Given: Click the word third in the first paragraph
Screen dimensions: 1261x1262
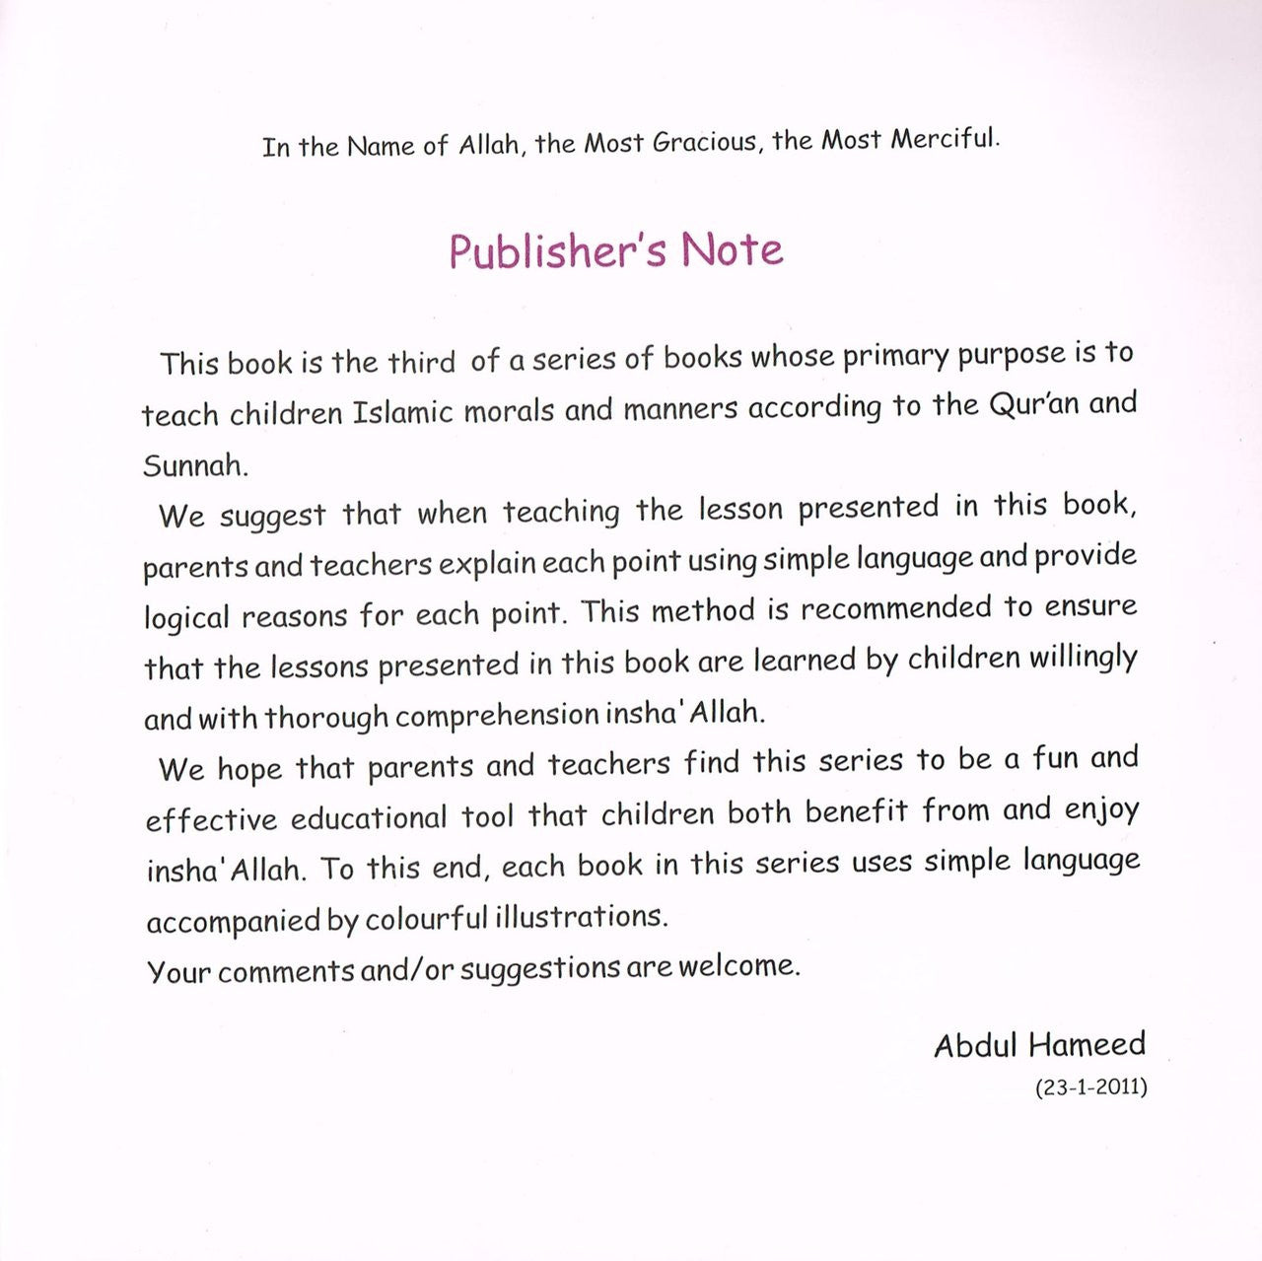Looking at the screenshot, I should pyautogui.click(x=421, y=362).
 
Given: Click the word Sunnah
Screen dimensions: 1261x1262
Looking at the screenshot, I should pyautogui.click(x=195, y=464).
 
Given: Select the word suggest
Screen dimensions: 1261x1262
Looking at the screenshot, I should pyautogui.click(x=272, y=516).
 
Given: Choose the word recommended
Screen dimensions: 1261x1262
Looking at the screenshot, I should pyautogui.click(x=896, y=608).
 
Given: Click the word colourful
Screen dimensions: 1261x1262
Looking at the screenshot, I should pyautogui.click(x=426, y=919).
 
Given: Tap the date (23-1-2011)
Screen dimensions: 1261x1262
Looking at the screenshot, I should pyautogui.click(x=1090, y=1087).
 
